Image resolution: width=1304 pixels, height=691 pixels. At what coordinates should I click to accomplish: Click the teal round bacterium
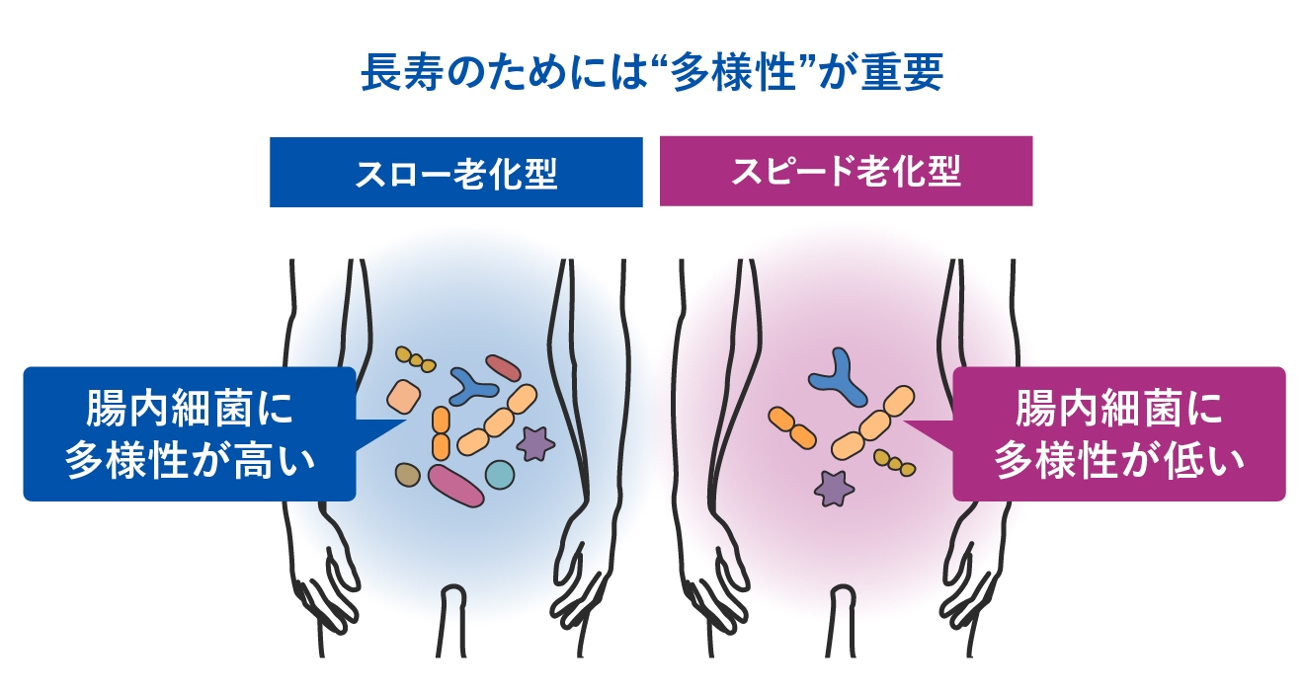click(500, 474)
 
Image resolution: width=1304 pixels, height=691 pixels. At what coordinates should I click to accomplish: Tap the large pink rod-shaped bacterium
click(456, 485)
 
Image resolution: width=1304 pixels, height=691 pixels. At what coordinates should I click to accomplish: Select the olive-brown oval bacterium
click(407, 475)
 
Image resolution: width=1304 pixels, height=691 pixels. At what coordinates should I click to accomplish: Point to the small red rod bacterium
click(502, 368)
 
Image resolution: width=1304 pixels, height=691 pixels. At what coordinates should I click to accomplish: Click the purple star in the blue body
click(535, 443)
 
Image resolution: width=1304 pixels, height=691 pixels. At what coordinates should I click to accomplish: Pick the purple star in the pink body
click(835, 487)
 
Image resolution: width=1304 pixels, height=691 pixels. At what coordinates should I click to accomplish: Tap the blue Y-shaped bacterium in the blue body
click(473, 386)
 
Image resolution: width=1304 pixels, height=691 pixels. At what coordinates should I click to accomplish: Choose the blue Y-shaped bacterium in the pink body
click(837, 377)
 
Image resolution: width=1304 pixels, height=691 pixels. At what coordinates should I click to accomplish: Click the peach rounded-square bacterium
click(404, 396)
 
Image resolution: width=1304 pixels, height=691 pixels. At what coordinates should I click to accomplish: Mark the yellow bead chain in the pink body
click(894, 461)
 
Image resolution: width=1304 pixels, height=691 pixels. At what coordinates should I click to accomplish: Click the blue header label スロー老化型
click(456, 173)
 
